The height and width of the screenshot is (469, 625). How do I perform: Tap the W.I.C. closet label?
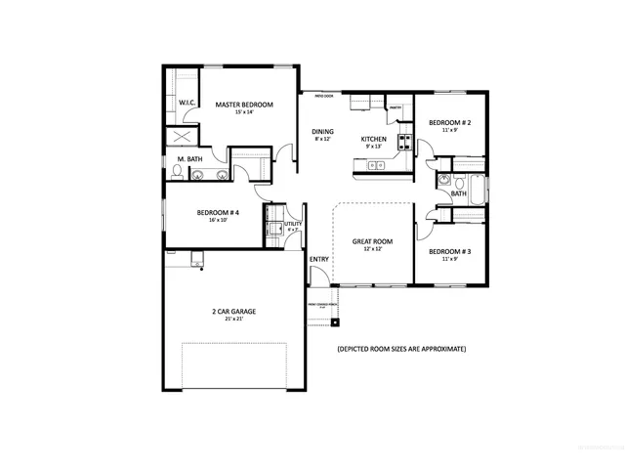pyautogui.click(x=187, y=104)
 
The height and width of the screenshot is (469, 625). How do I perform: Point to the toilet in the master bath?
pyautogui.click(x=177, y=172)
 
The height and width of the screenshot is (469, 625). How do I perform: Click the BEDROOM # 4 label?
pyautogui.click(x=218, y=212)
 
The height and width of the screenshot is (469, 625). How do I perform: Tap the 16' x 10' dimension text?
pyautogui.click(x=218, y=221)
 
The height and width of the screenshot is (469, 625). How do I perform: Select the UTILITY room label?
pyautogui.click(x=293, y=224)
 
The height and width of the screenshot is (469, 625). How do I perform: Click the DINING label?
pyautogui.click(x=322, y=131)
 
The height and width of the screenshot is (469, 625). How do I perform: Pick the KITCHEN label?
pyautogui.click(x=374, y=140)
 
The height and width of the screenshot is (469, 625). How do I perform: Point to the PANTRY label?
pyautogui.click(x=395, y=108)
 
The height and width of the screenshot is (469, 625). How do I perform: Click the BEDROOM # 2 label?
pyautogui.click(x=449, y=122)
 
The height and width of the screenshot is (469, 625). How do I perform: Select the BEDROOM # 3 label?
pyautogui.click(x=449, y=251)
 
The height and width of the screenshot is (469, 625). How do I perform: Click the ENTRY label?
pyautogui.click(x=319, y=259)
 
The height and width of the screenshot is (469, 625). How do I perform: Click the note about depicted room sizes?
pyautogui.click(x=400, y=349)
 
